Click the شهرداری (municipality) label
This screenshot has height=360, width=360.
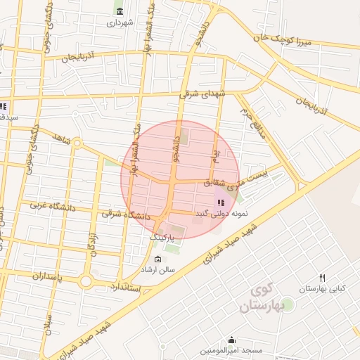[120, 22]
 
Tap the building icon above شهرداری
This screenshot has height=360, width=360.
[120, 11]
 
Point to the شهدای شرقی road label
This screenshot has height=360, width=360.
[204, 92]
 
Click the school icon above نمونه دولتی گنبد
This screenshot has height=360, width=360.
[221, 202]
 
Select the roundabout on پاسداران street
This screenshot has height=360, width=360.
[86, 281]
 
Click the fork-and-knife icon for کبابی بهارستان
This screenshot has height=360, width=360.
[322, 278]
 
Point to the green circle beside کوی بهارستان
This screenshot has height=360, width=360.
[287, 303]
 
